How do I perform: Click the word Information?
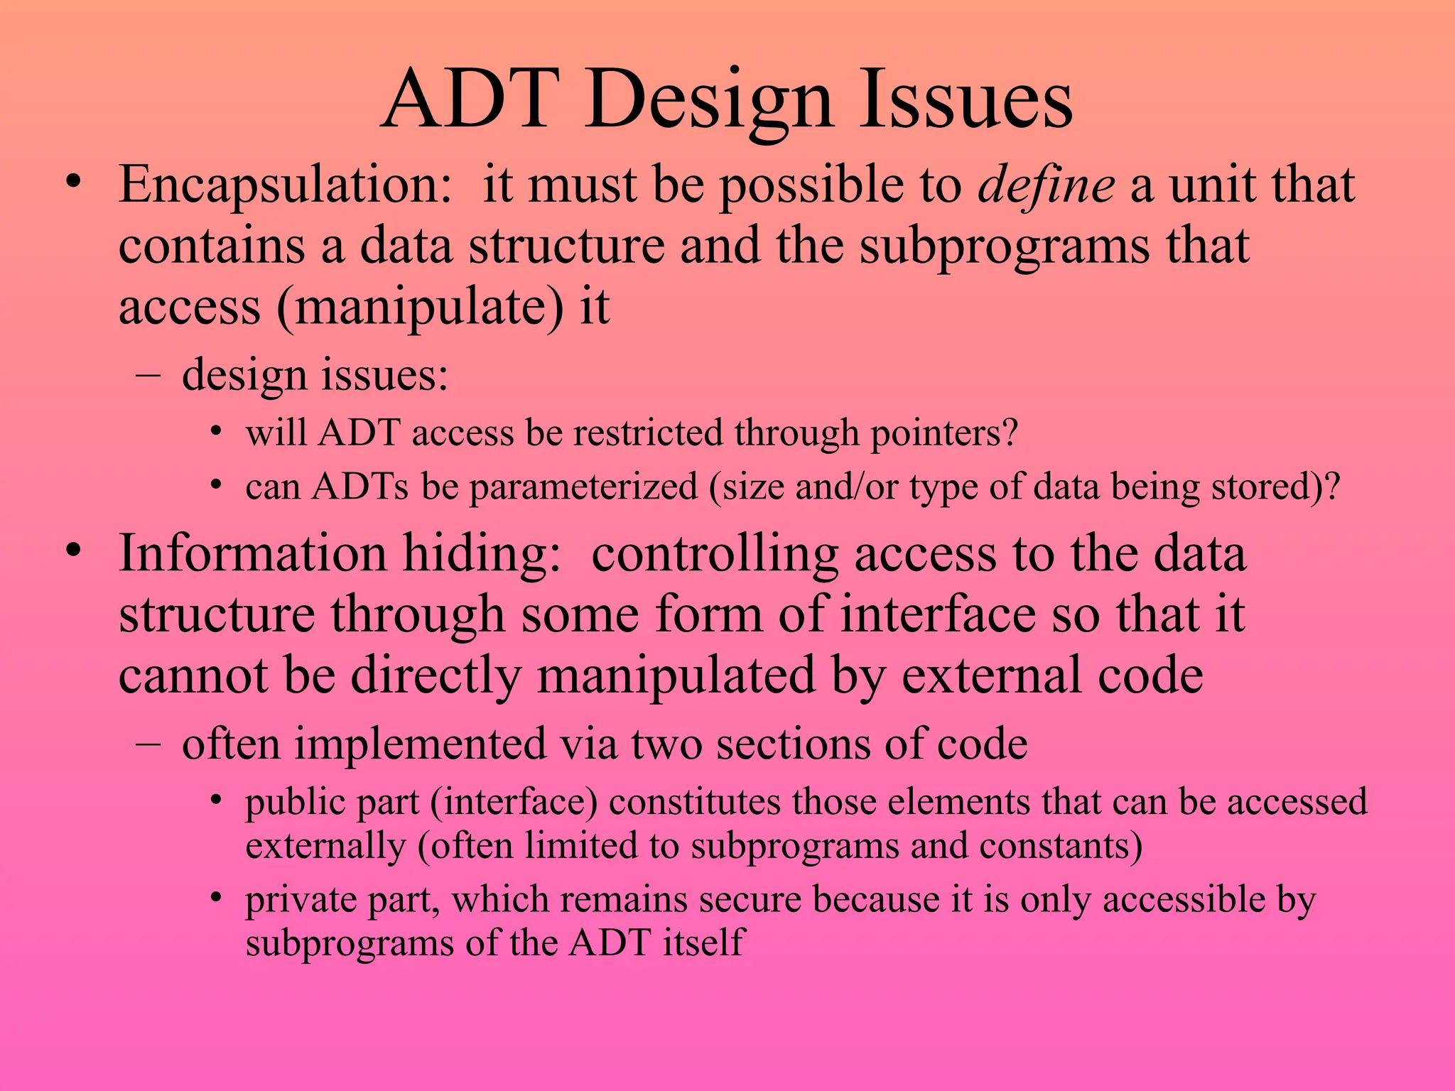tap(252, 554)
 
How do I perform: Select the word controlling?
tap(714, 554)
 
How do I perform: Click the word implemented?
tap(420, 745)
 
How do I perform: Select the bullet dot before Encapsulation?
tap(72, 181)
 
